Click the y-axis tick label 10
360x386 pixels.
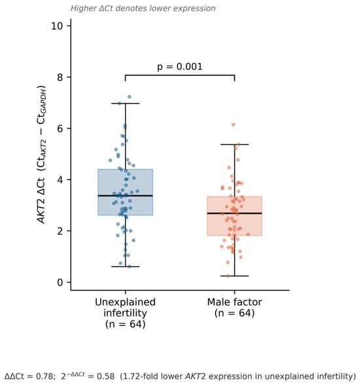coord(57,26)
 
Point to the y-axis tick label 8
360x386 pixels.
coord(60,77)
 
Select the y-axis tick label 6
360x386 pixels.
coord(60,128)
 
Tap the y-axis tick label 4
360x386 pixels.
coord(60,180)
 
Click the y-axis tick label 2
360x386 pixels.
coord(60,231)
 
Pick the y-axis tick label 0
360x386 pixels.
coord(60,282)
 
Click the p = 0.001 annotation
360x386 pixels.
coord(180,67)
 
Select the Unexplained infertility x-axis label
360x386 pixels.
coord(125,313)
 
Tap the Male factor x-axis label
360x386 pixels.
coord(234,307)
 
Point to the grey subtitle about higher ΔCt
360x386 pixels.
coord(143,9)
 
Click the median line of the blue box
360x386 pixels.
coord(126,196)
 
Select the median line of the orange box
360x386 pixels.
coord(234,213)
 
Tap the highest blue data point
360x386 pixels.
coord(130,97)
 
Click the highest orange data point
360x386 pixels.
coord(234,125)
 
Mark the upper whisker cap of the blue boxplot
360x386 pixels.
coord(126,104)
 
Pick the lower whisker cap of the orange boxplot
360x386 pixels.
coord(234,276)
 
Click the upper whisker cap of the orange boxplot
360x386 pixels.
coord(234,144)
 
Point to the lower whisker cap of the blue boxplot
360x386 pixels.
coord(126,267)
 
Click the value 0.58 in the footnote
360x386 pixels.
coord(106,376)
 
